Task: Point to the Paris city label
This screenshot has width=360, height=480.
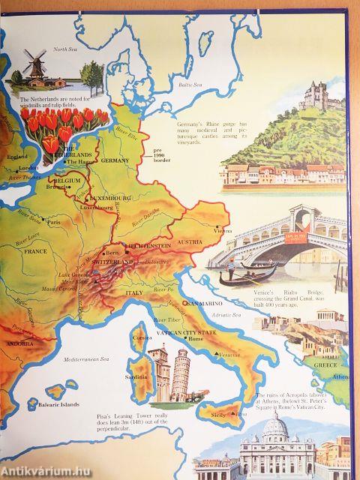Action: [52, 223]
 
